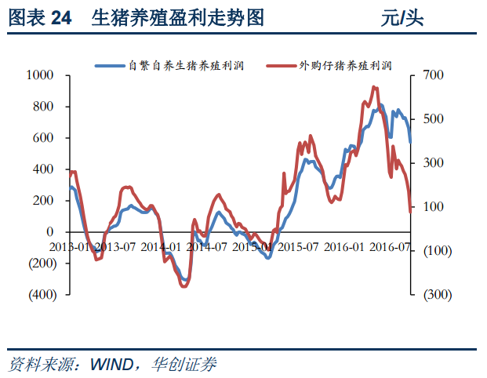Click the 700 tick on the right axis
click(x=434, y=75)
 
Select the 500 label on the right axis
click(x=434, y=119)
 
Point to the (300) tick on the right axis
click(x=435, y=295)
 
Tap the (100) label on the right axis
click(x=435, y=251)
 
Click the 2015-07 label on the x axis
click(x=299, y=246)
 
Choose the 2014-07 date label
click(x=207, y=246)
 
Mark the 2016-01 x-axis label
click(x=344, y=246)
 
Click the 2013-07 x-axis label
click(x=115, y=246)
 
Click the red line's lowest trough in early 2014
click(x=184, y=286)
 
